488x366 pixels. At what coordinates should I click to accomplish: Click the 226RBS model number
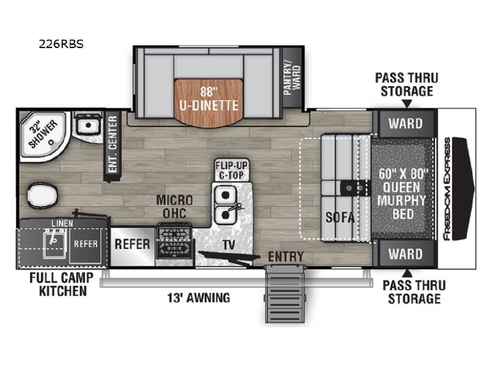[x=61, y=44]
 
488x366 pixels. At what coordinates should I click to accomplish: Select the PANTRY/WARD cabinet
[x=292, y=78]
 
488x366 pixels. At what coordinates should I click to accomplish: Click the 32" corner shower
[x=43, y=136]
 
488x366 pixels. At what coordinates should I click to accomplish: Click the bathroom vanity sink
[x=88, y=125]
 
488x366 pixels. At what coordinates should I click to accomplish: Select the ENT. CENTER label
[x=113, y=144]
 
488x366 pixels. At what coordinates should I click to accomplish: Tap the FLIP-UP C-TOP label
[x=231, y=170]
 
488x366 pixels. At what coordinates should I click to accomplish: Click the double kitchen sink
[x=226, y=205]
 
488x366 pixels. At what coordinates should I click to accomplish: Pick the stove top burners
[x=174, y=241]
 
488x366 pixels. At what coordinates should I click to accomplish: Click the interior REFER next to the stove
[x=133, y=245]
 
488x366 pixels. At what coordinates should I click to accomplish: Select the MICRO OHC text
[x=175, y=207]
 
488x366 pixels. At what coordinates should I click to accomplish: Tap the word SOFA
[x=340, y=218]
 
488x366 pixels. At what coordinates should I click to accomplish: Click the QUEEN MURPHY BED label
[x=403, y=194]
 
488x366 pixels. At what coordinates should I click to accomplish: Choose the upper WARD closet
[x=405, y=123]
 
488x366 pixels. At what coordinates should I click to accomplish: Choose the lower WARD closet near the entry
[x=405, y=253]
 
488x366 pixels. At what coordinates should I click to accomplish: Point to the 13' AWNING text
[x=199, y=298]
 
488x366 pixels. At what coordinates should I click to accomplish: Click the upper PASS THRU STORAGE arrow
[x=407, y=104]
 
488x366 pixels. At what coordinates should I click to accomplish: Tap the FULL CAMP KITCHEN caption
[x=61, y=285]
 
